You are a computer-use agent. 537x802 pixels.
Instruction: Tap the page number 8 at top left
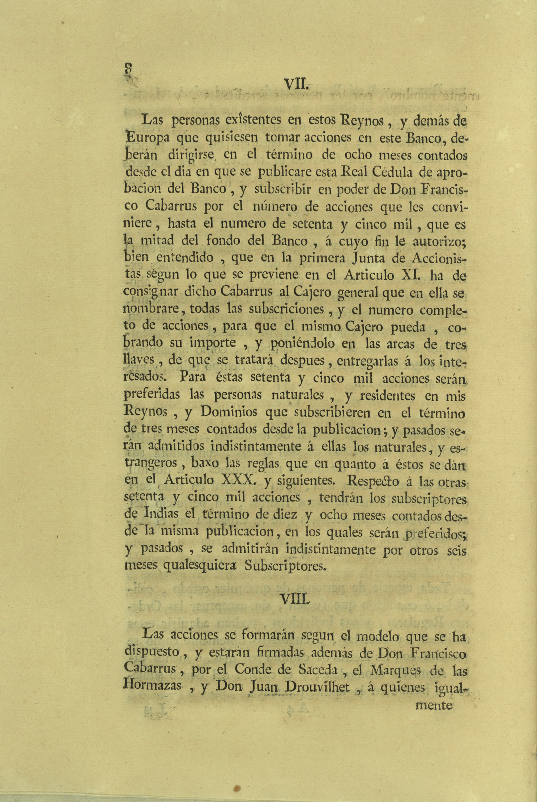[x=128, y=68]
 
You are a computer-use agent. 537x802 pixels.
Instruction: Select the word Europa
[x=147, y=138]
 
